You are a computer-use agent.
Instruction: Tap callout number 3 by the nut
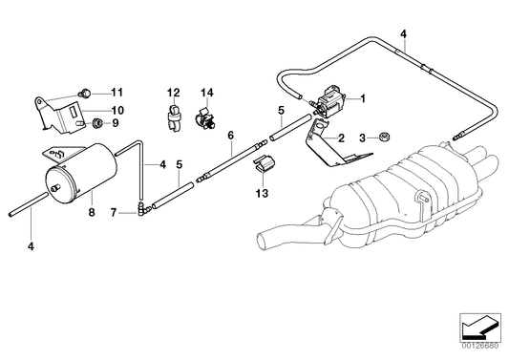pos(361,138)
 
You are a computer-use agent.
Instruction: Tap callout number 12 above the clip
pos(174,92)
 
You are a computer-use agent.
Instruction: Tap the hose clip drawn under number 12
pos(173,119)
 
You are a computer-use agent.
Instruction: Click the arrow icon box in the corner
pos(479,327)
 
